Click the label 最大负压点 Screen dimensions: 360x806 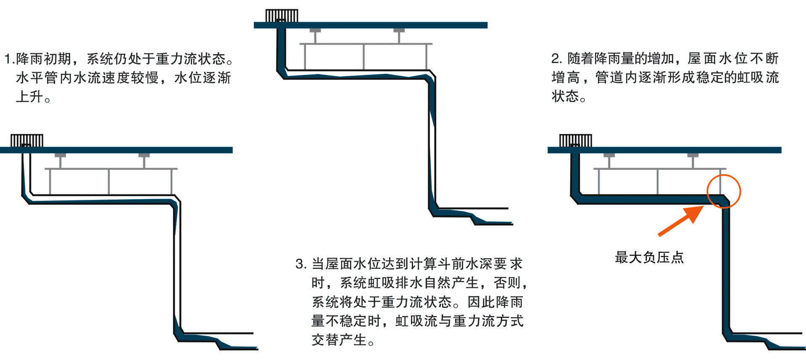coord(649,257)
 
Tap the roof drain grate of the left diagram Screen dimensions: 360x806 coord(27,141)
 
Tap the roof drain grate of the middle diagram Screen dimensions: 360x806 coord(282,16)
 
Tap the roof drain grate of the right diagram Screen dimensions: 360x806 coord(575,141)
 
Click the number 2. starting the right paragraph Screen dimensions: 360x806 coord(556,59)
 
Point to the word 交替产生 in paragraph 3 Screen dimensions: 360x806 coord(339,340)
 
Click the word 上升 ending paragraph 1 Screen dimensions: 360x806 coord(29,97)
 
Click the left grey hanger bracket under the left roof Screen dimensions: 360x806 coord(61,160)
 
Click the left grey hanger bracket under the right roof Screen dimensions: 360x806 coord(609,160)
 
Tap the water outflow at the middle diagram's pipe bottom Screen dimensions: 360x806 coord(492,221)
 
